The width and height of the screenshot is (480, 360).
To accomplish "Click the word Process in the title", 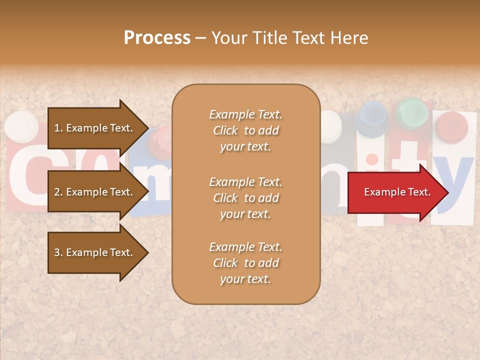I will click(157, 38).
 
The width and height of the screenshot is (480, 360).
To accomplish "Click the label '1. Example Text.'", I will click(93, 128).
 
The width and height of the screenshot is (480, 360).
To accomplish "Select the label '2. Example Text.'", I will click(93, 192).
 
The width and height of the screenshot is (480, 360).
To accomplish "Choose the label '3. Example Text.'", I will click(93, 252).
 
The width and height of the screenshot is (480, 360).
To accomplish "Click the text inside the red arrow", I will click(397, 192).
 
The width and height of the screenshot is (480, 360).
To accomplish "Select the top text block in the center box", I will click(245, 130).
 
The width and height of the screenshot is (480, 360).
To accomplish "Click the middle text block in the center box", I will click(245, 197).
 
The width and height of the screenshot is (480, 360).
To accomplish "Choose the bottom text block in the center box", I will click(245, 263).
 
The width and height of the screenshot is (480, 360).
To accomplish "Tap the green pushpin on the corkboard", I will click(412, 114).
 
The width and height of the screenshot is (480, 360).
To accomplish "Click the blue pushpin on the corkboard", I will click(371, 116).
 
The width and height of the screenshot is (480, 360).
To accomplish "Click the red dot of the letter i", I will click(371, 159).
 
